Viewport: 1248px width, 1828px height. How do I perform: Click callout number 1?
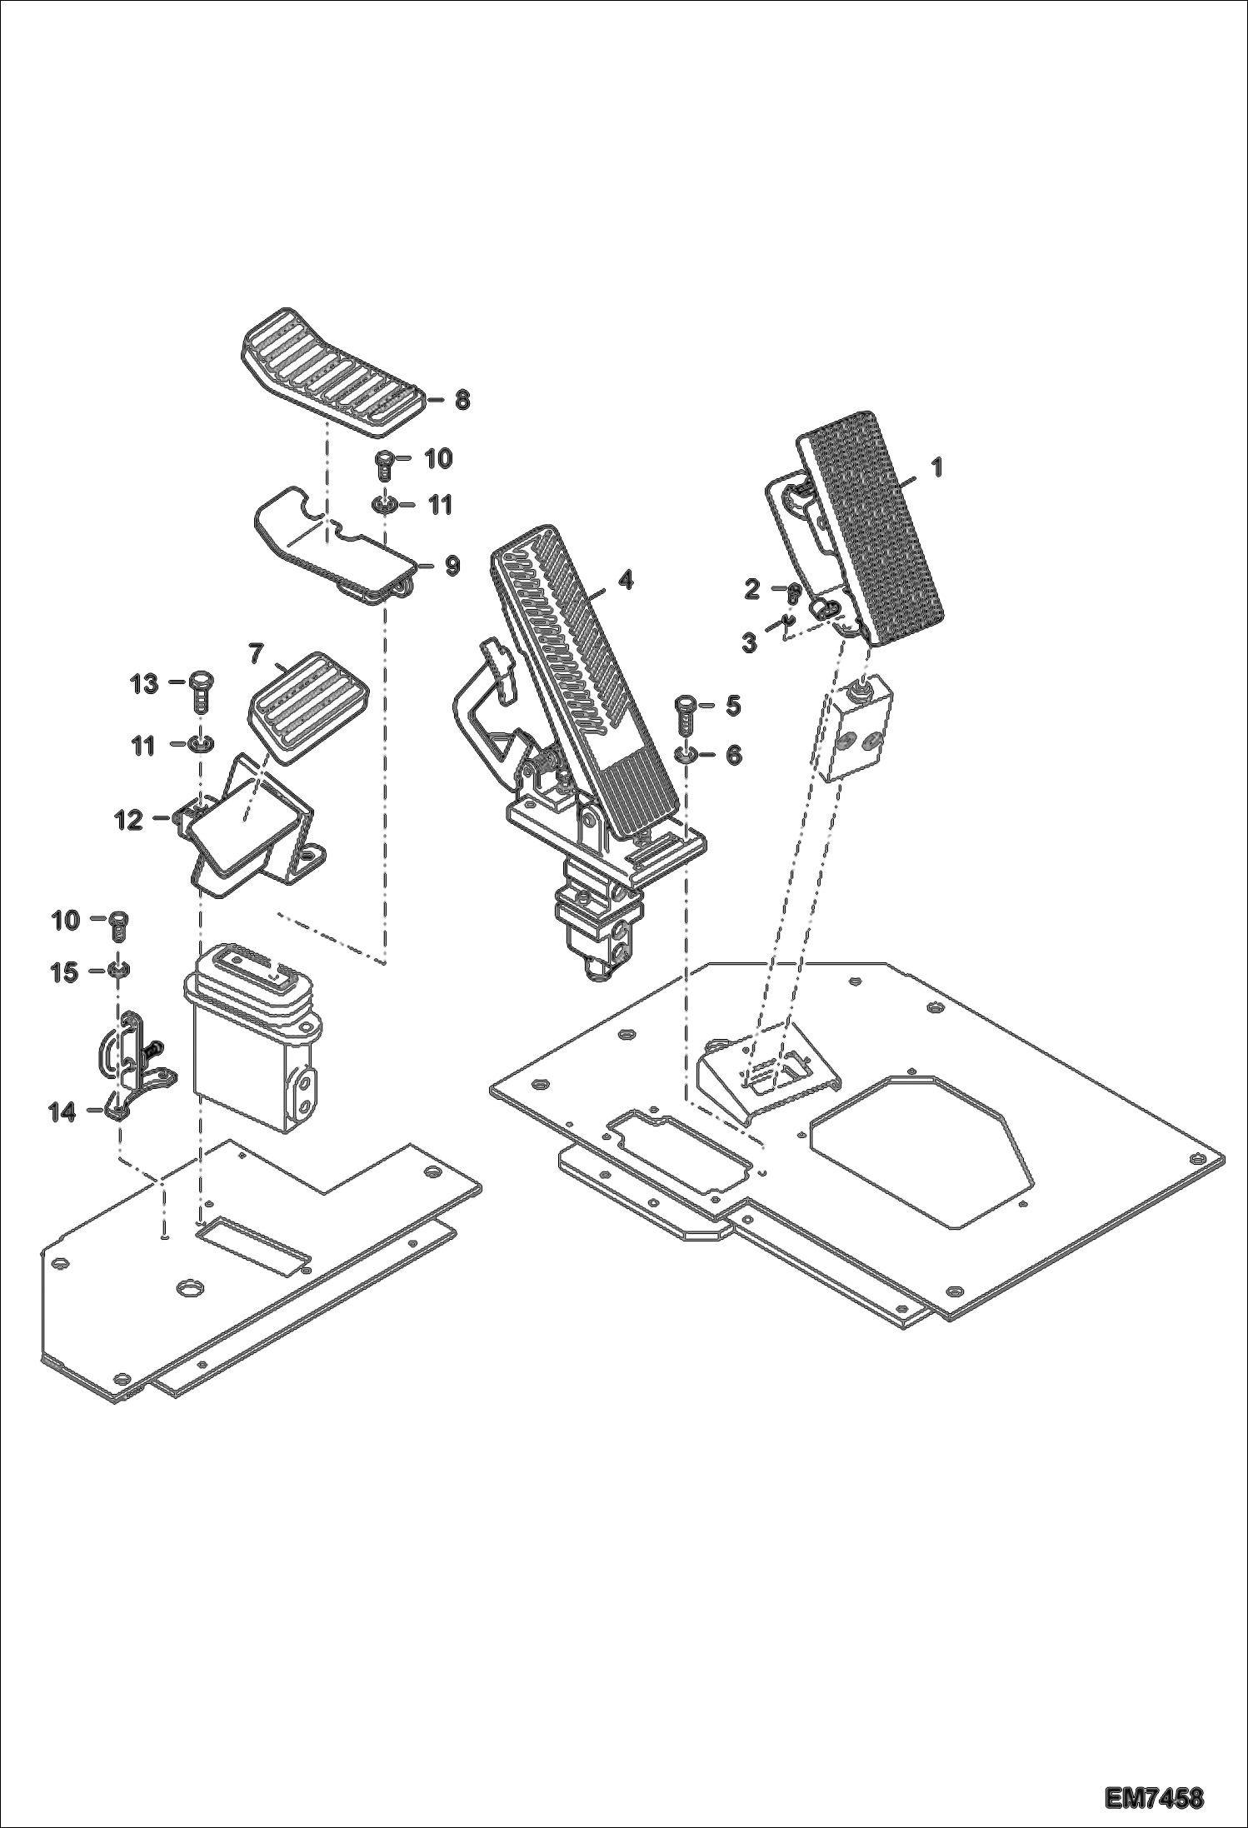click(x=936, y=467)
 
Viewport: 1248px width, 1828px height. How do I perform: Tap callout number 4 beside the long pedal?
click(x=625, y=580)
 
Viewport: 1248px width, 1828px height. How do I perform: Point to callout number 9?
click(x=452, y=566)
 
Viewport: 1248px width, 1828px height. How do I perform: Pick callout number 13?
click(x=144, y=684)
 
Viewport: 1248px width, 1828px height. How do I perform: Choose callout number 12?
click(x=129, y=820)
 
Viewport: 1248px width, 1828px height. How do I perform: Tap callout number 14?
click(x=62, y=1111)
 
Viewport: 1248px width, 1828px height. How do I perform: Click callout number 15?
click(x=64, y=972)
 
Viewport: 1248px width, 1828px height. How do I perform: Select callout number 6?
click(x=733, y=755)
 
